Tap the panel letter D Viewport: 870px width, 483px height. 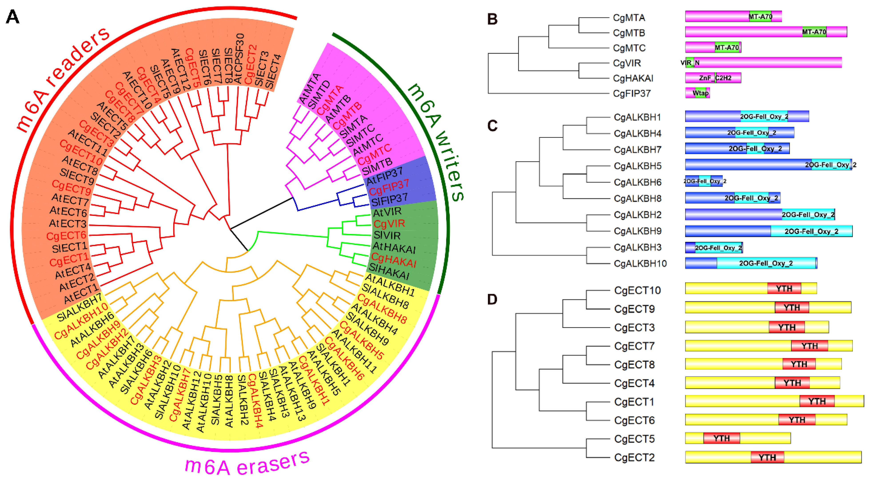click(492, 299)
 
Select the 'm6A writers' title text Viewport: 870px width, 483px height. click(436, 142)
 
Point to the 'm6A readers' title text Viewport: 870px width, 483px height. click(62, 79)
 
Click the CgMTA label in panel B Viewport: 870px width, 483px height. click(629, 18)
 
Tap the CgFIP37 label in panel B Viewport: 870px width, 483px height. click(631, 93)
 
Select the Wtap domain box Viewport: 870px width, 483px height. click(701, 93)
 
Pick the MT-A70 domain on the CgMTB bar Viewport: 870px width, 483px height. click(814, 32)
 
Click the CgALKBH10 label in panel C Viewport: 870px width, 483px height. click(640, 263)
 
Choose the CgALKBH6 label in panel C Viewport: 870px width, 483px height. click(637, 182)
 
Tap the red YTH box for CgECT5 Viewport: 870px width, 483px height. click(721, 438)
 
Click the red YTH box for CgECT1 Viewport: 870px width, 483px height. click(817, 401)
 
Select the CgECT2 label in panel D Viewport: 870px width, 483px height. click(634, 458)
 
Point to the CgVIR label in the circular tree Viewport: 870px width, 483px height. click(389, 224)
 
